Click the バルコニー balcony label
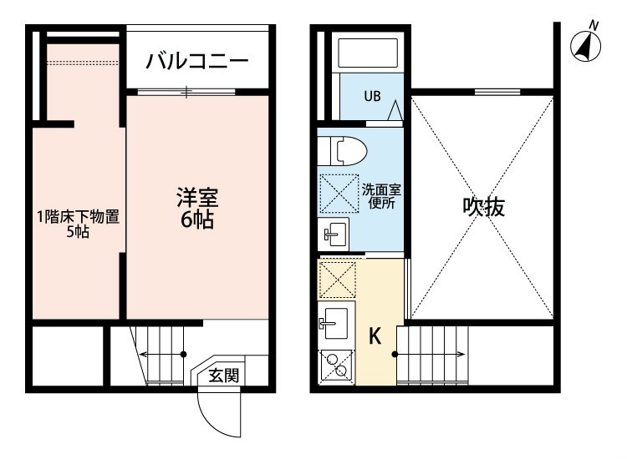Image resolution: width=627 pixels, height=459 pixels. point(197,61)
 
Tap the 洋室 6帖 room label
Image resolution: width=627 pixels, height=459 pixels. point(197,208)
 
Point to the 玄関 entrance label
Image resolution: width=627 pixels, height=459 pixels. point(224,376)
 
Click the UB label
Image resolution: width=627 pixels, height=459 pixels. point(372,96)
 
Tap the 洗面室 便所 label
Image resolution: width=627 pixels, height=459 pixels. point(381,196)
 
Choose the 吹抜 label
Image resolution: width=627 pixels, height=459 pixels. point(483,207)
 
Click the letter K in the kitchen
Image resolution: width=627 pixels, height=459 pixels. point(375,336)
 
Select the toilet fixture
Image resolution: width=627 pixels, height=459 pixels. point(342,151)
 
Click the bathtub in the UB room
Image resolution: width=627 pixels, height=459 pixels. point(368,53)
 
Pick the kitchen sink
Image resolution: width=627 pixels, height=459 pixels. point(335,323)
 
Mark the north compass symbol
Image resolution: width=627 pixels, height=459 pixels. point(586,45)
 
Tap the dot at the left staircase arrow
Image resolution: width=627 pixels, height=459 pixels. point(184,354)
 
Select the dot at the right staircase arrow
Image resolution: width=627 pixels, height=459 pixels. point(395,354)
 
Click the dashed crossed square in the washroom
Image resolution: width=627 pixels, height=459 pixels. point(339,194)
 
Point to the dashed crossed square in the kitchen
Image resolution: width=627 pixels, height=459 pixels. point(338,280)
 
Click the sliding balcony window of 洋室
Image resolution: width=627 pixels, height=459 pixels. point(186,92)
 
